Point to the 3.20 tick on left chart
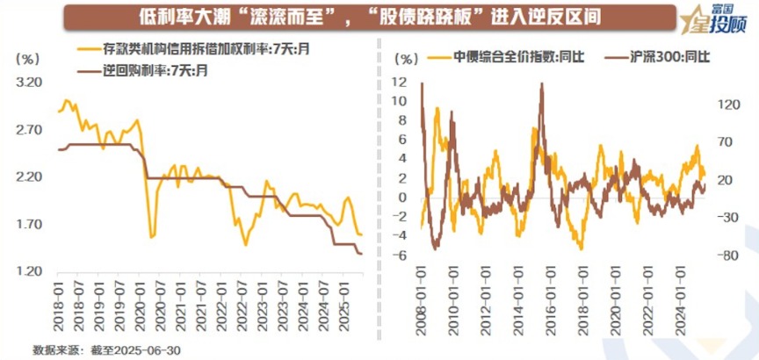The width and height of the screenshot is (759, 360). click(x=30, y=83)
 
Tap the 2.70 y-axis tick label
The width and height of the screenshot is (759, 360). click(x=30, y=130)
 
